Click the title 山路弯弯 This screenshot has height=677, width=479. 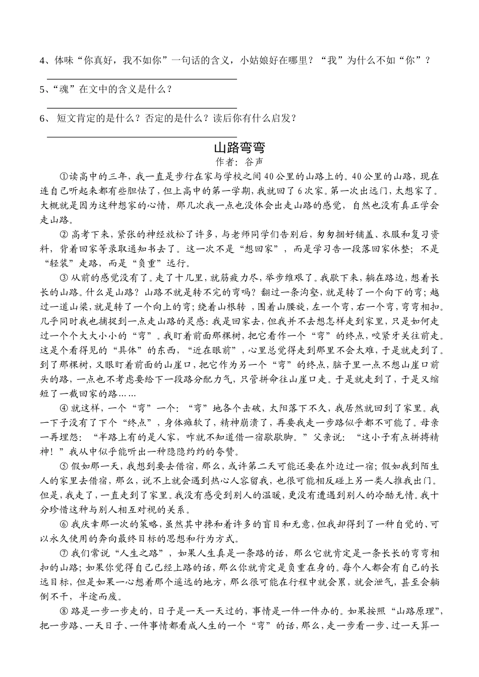tap(239, 148)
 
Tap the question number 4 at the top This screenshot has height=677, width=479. tap(42, 61)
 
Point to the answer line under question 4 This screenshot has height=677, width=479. tap(142, 79)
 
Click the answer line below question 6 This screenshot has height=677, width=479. tap(142, 137)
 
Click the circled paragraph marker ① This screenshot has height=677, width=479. tap(64, 177)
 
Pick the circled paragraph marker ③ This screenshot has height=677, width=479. tap(64, 277)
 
